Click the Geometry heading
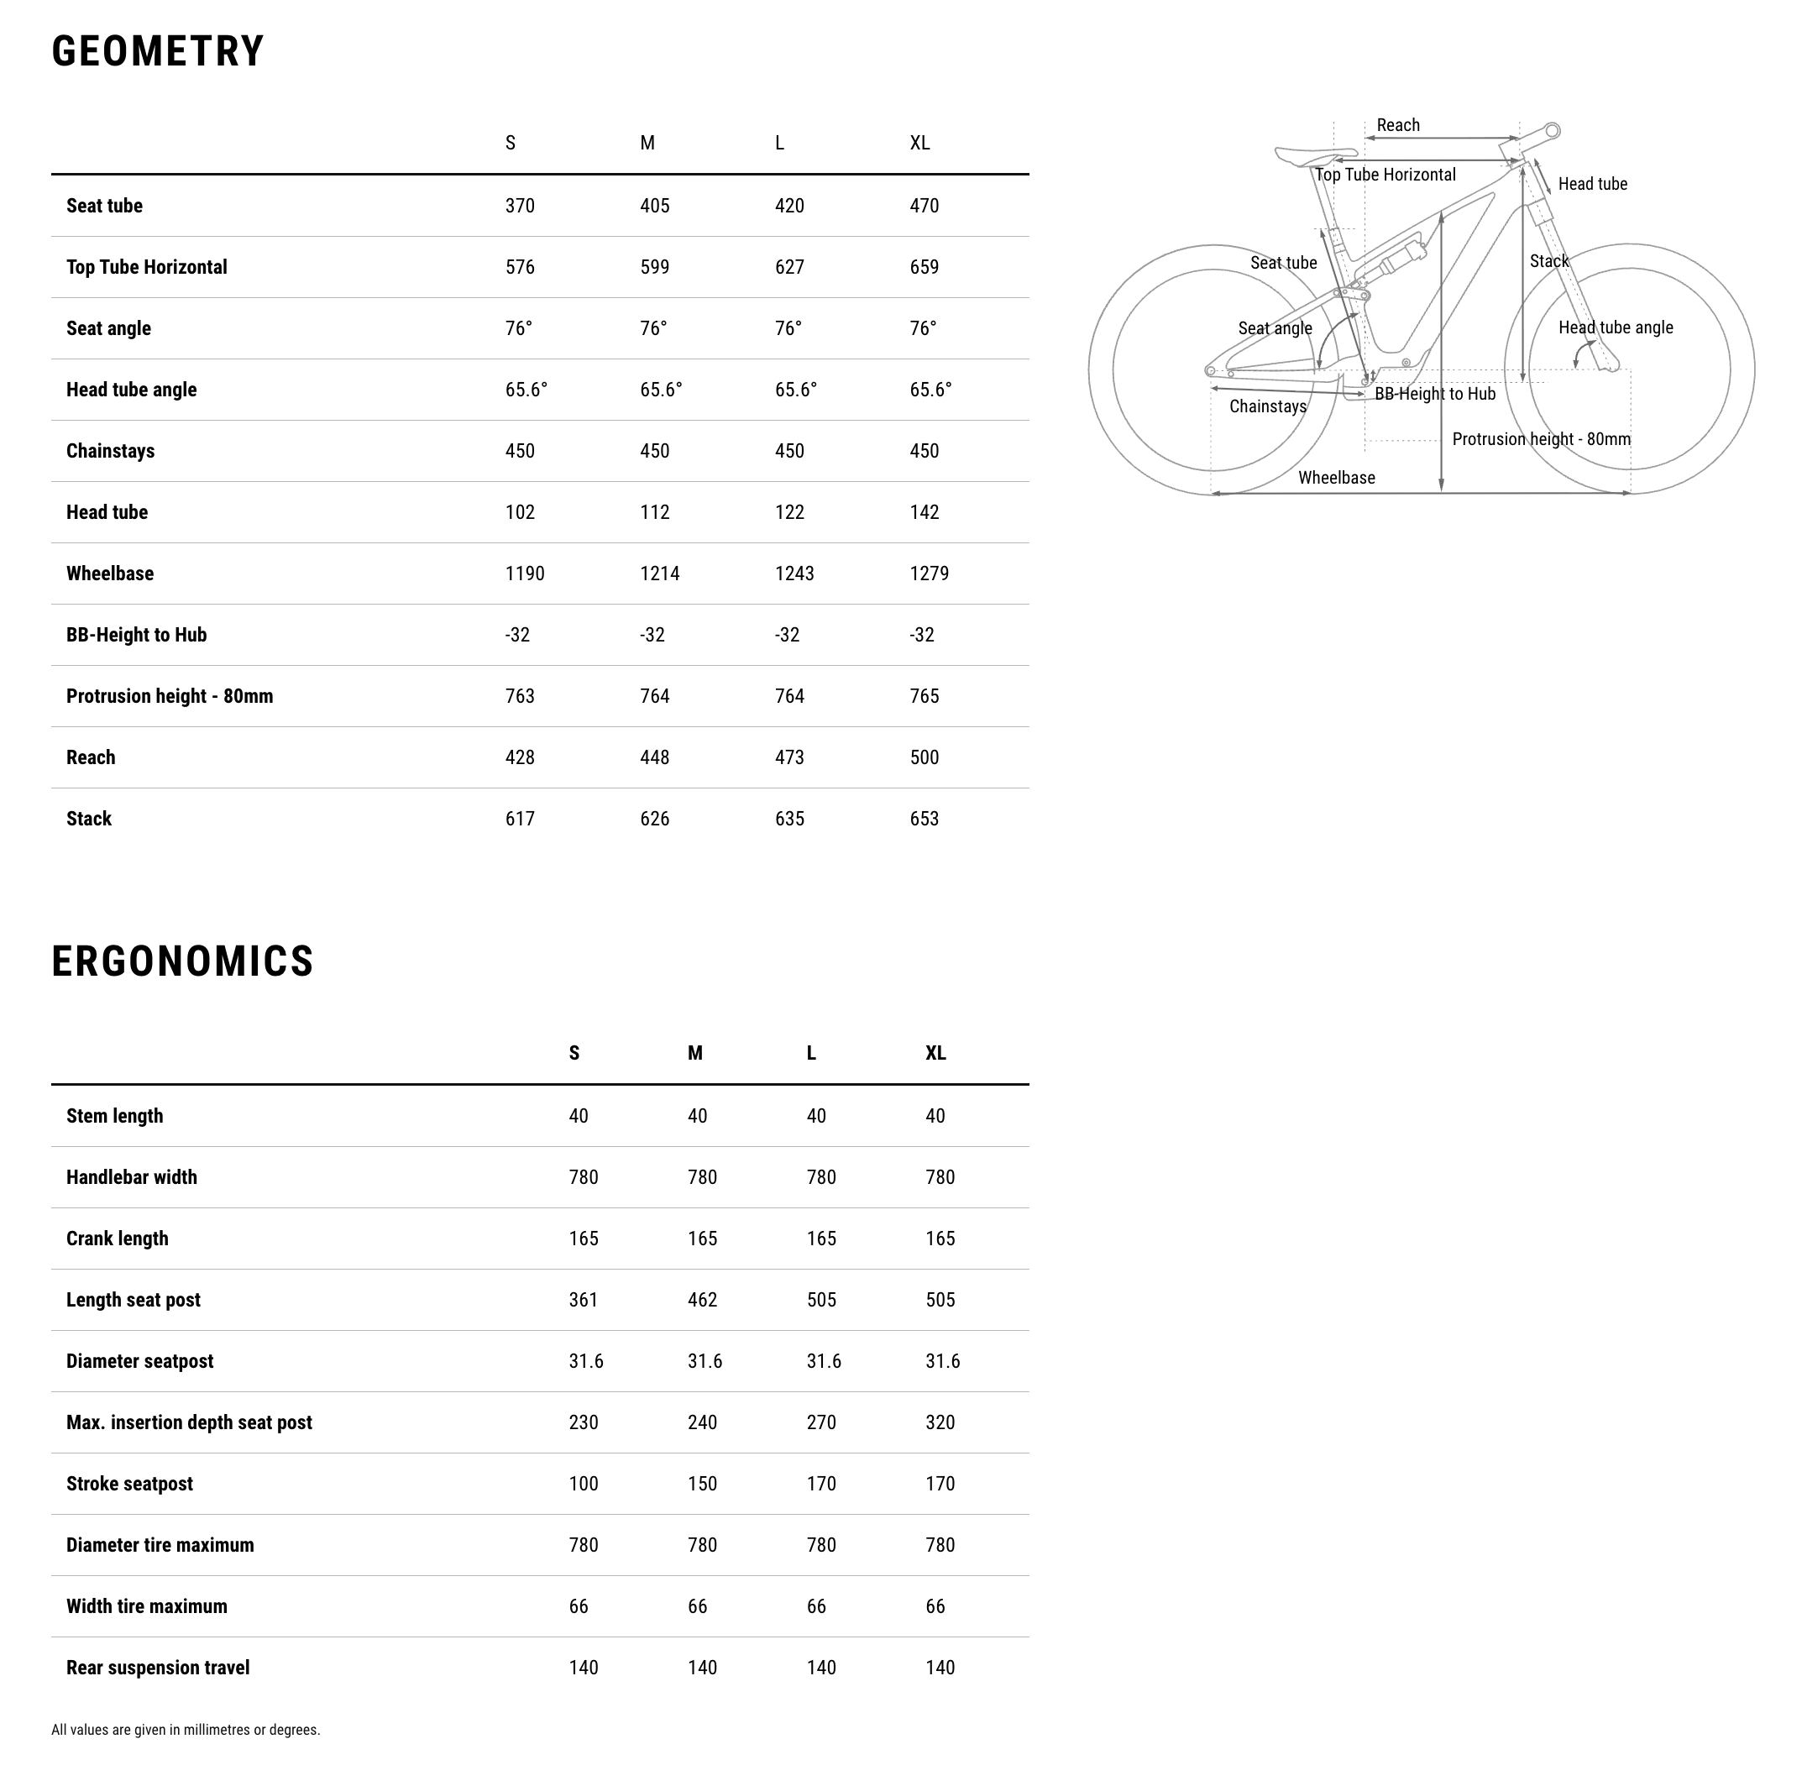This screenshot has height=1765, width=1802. point(158,51)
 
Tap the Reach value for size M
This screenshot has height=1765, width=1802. point(654,757)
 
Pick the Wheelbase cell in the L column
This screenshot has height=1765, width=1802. point(794,573)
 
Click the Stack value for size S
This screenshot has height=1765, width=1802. point(519,819)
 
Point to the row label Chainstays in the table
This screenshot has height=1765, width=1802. point(110,452)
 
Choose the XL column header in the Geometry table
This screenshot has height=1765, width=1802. point(919,143)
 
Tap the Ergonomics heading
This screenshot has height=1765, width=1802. point(182,961)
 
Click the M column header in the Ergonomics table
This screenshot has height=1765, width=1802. point(694,1053)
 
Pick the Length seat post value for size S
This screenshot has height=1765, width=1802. point(583,1300)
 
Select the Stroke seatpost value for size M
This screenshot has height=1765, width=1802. point(702,1483)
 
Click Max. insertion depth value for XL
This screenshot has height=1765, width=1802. point(939,1422)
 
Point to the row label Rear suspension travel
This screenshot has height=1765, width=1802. point(158,1668)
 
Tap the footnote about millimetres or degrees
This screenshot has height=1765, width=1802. point(186,1730)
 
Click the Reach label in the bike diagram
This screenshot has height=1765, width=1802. point(1397,125)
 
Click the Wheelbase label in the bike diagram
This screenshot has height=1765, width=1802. point(1336,479)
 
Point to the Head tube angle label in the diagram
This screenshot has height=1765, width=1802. point(1615,327)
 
